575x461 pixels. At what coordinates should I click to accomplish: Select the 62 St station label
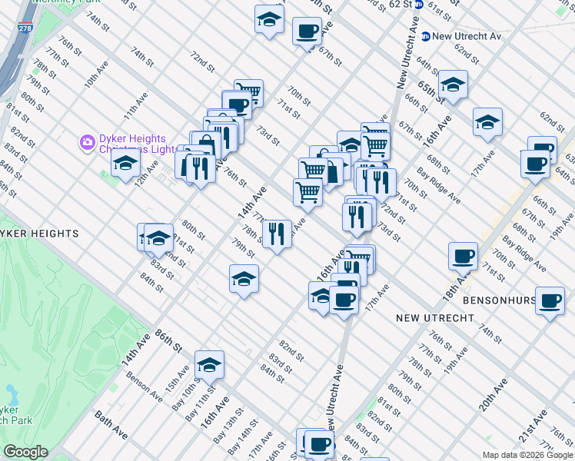coord(401,4)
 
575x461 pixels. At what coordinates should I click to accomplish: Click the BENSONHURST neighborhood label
coord(498,300)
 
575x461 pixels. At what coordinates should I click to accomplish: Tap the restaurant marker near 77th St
coord(277,232)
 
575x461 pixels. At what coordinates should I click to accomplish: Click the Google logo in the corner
coord(25,452)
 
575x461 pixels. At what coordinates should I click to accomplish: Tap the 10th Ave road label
coord(95,75)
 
